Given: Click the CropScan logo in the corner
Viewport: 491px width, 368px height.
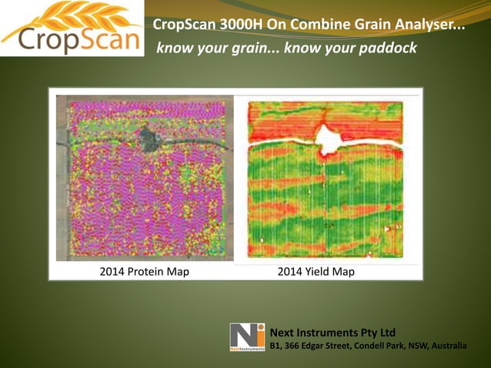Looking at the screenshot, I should [x=71, y=28].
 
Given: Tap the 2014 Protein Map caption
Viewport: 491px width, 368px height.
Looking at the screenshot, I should [x=144, y=272].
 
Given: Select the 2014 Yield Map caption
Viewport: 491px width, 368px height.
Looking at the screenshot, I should [x=316, y=272].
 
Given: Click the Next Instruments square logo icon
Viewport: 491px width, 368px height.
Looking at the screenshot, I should [x=247, y=337].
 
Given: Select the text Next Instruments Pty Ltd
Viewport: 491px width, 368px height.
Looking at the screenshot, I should [x=332, y=332].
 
